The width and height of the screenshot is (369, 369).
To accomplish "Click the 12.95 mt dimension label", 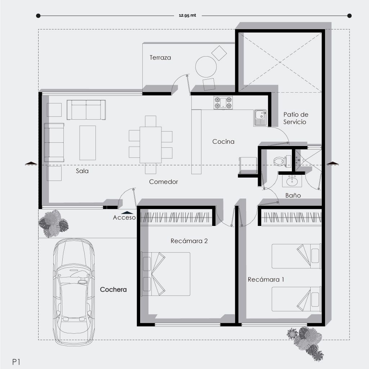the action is (x=187, y=15).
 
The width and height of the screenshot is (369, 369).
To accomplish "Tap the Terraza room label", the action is (x=160, y=58).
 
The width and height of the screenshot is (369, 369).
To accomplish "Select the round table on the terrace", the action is (x=206, y=67).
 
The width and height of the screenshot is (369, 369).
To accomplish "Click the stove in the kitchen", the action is (x=223, y=103).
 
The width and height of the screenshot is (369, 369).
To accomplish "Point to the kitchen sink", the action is (x=260, y=117).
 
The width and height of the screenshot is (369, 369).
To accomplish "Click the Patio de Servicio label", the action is (x=295, y=118).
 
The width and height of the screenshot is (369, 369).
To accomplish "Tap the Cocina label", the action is (x=223, y=141).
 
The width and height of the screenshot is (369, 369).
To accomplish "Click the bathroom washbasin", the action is (x=292, y=181).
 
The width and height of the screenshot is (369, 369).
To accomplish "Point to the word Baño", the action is (x=293, y=195).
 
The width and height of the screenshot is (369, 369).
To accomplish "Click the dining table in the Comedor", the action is (x=151, y=145).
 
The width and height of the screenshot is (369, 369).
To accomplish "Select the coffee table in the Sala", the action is (x=88, y=143).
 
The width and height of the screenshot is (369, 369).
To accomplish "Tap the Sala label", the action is (x=82, y=171).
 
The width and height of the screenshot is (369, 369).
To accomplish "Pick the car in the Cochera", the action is (x=74, y=292).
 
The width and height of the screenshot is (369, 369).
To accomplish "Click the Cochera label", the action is (x=113, y=289).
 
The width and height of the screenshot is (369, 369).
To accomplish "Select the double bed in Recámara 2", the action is (x=165, y=274).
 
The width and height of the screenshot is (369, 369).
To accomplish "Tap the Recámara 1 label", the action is (x=266, y=280).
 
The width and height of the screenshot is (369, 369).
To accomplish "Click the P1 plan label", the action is (x=16, y=362).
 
